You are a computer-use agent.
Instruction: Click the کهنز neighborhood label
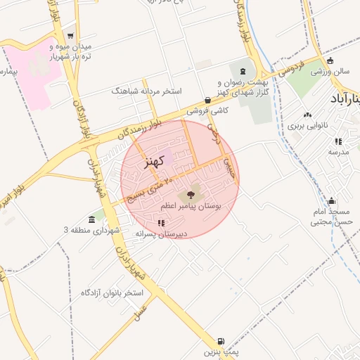point(153,162)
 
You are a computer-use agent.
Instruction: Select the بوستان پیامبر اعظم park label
point(191,207)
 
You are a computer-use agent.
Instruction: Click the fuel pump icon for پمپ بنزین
point(223,340)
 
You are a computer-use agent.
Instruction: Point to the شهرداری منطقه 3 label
point(92,230)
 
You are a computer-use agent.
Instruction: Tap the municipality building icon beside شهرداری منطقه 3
point(92,219)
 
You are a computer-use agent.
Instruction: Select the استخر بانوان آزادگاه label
point(112,292)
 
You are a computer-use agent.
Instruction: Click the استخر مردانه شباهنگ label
point(147,91)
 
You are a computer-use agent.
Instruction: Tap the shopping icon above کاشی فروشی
point(207,100)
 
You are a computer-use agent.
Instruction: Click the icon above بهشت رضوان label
point(243,72)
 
